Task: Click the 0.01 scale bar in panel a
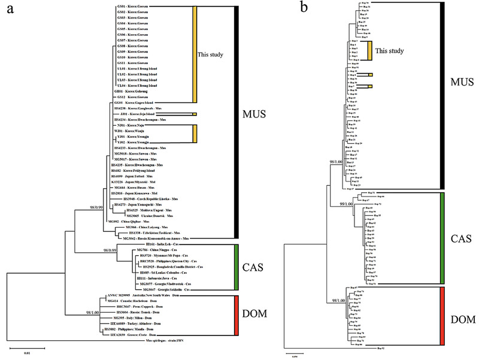tap(28, 346)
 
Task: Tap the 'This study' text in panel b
tap(391, 52)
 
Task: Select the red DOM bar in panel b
tap(440, 316)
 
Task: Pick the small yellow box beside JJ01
tap(195, 113)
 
